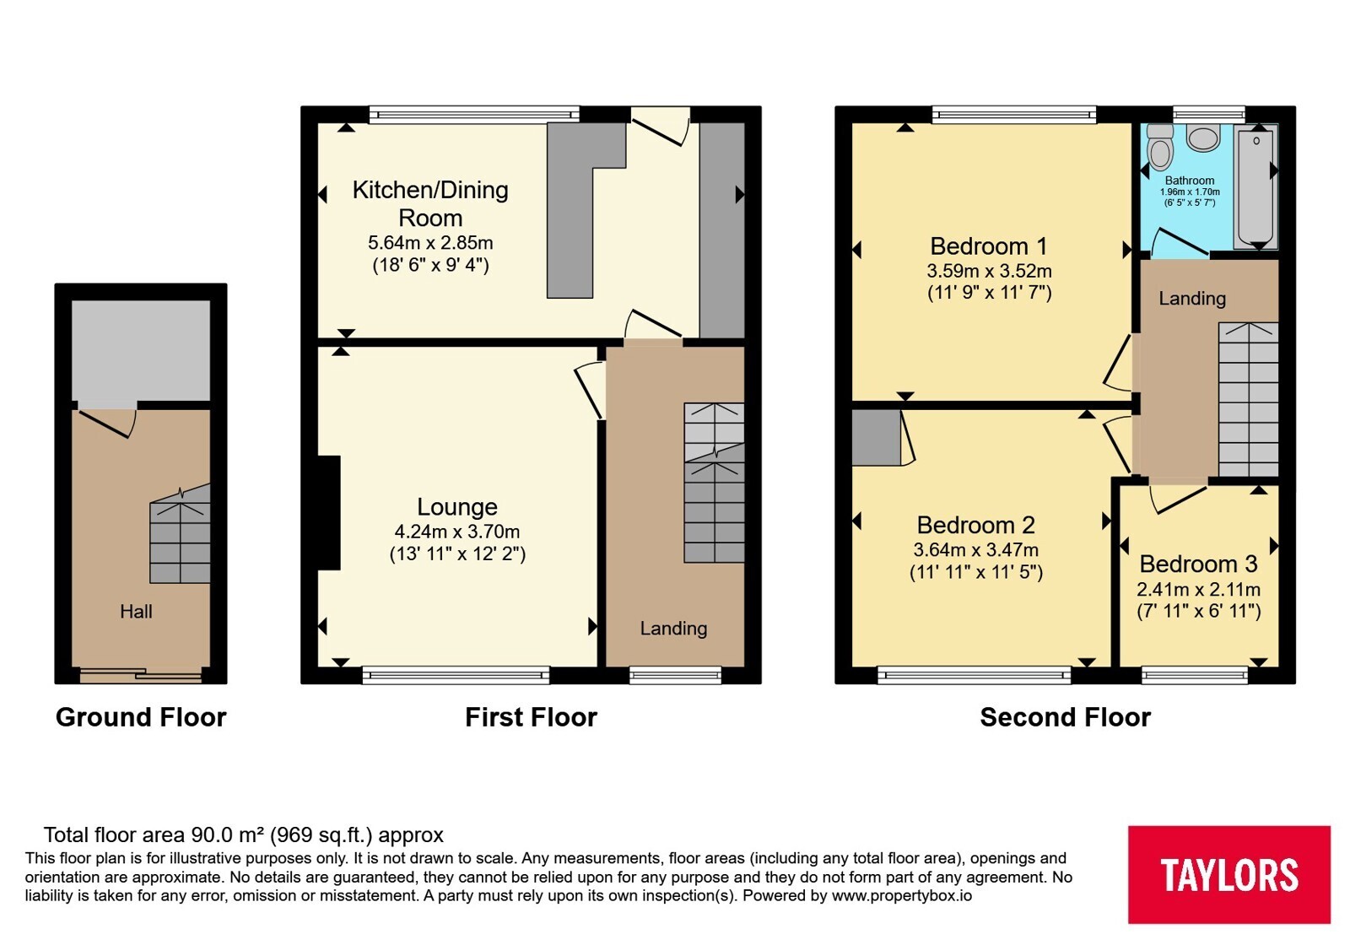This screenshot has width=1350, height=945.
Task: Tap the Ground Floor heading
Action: pos(141,717)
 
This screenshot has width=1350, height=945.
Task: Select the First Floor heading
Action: pos(531,717)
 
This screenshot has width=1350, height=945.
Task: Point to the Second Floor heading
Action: pos(1065,717)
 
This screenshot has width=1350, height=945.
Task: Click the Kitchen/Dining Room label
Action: pos(430,203)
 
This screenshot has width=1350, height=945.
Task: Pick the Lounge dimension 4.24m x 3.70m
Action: pos(456,532)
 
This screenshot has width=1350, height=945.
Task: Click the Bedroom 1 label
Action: pos(989,246)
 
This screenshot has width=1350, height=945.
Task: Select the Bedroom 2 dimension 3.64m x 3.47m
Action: pos(975,549)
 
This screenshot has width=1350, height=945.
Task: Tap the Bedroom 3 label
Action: pos(1198,564)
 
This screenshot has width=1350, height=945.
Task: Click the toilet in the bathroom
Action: pos(1159,147)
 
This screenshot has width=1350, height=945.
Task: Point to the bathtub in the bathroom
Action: pos(1256,186)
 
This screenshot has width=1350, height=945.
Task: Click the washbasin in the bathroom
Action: pos(1203,138)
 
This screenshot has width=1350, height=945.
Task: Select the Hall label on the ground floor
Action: pos(136,611)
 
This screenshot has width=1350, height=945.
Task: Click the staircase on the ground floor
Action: pos(180,534)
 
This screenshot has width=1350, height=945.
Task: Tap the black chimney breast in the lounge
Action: pos(329,513)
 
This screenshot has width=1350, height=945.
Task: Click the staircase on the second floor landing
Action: pos(1248,400)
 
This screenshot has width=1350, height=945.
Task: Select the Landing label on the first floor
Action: pos(673,629)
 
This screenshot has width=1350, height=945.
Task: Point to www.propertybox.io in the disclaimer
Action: pos(902,895)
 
